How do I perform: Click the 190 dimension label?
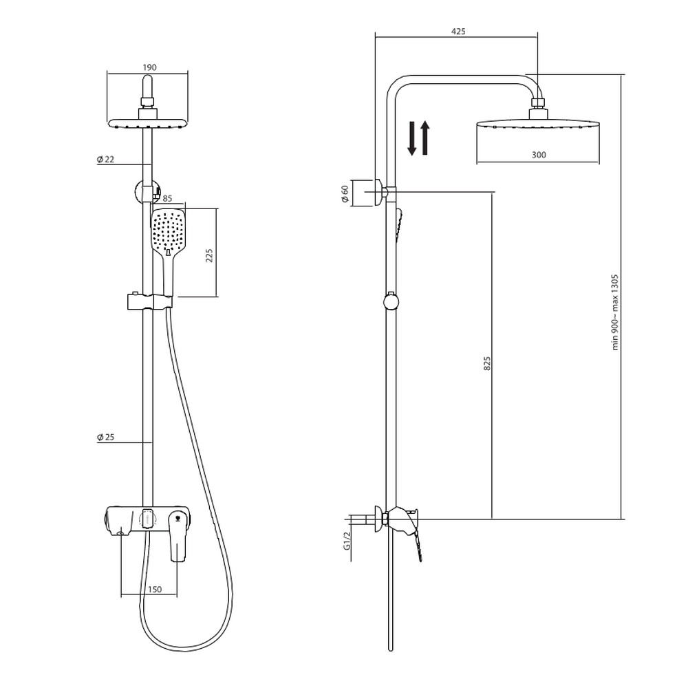(x=149, y=67)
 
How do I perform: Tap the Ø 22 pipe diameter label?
(x=106, y=160)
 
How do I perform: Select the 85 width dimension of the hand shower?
(x=167, y=198)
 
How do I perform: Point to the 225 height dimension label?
(x=209, y=255)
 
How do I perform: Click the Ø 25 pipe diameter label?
(x=106, y=437)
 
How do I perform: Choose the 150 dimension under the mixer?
(x=155, y=590)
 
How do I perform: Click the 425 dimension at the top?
(x=458, y=31)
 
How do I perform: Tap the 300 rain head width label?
(x=539, y=154)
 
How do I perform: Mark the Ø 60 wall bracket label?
(x=345, y=194)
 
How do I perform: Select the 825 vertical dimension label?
(x=487, y=363)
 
